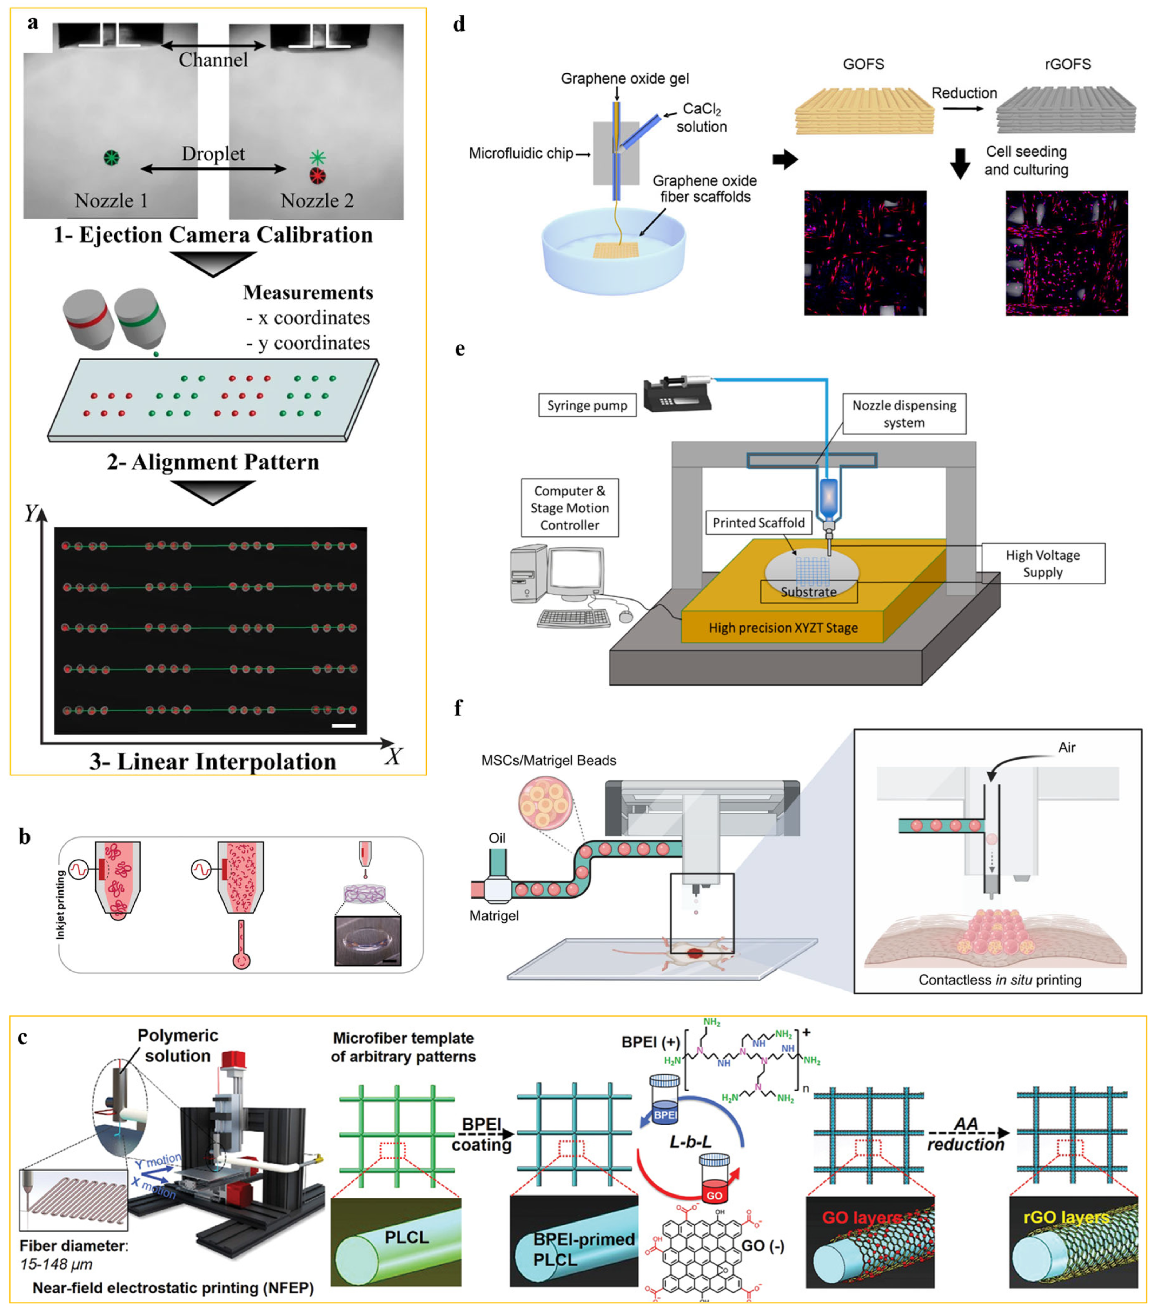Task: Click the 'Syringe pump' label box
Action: point(587,405)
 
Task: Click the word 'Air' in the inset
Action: point(1066,747)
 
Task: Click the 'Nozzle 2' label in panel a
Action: point(317,201)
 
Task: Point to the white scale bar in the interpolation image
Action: point(344,726)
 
